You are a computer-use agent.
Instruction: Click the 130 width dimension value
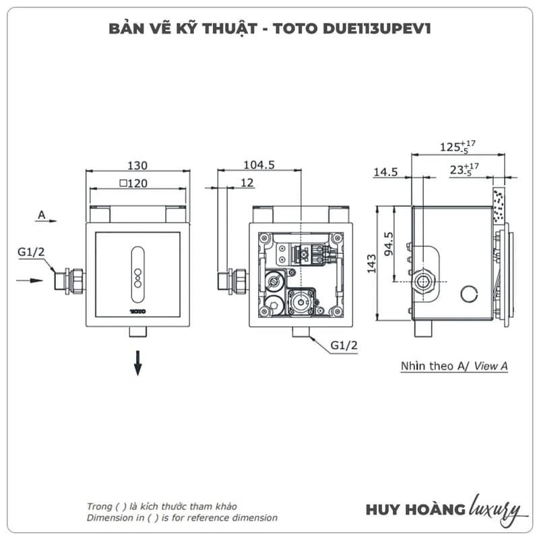pos(137,166)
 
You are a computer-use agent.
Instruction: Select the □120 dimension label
pos(133,183)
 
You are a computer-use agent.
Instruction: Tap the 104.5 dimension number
pos(259,165)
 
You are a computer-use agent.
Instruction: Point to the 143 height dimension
pos(372,263)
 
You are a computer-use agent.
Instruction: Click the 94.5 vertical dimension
pos(389,244)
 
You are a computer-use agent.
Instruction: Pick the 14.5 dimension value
pos(385,172)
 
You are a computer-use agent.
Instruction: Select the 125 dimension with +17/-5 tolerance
pos(458,146)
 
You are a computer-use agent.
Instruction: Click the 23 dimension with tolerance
pos(464,169)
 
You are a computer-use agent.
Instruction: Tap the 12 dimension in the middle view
pos(247,183)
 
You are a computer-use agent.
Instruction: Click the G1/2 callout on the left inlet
pos(31,252)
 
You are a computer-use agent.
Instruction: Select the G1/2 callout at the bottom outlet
pos(344,345)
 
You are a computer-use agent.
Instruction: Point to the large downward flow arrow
pos(138,363)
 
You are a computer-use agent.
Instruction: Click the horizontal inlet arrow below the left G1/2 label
pos(30,280)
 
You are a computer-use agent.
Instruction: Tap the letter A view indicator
pos(42,215)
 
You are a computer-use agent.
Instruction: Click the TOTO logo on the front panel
pos(138,311)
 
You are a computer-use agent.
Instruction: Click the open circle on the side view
pos(469,294)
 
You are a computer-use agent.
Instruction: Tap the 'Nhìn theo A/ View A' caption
pos(454,366)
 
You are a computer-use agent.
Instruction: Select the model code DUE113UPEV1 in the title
pos(377,28)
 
